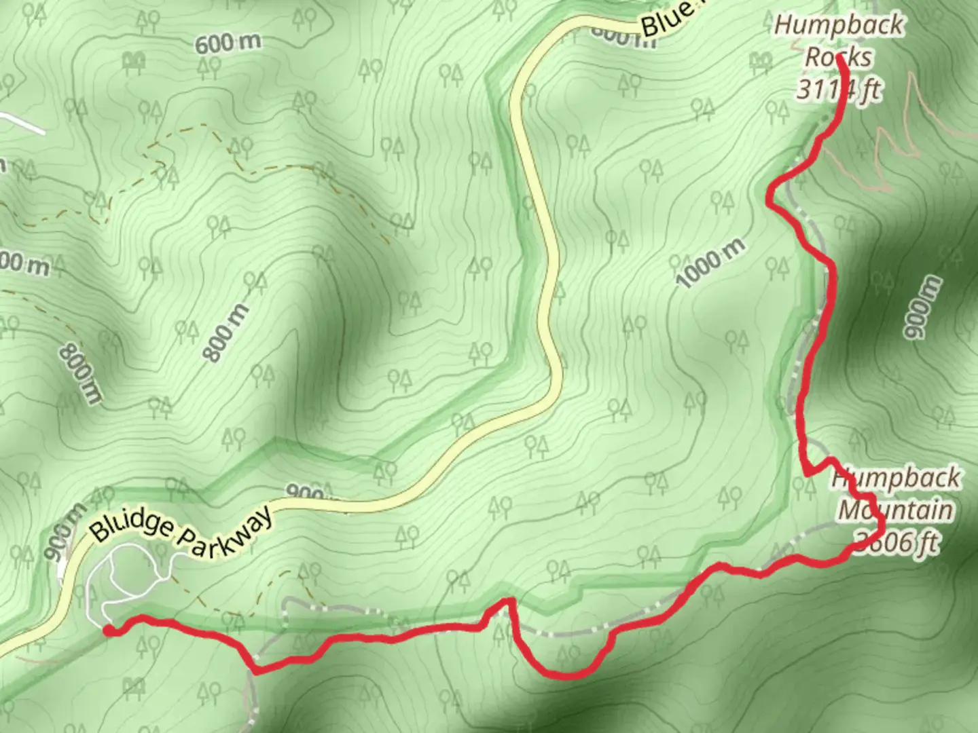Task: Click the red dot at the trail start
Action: [x=109, y=631]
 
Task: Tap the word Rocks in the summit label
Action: [x=837, y=57]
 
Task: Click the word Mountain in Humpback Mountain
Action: [x=894, y=510]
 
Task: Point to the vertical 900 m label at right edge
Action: [x=922, y=307]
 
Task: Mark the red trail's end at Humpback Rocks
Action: [x=839, y=58]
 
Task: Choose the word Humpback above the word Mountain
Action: [x=896, y=478]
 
